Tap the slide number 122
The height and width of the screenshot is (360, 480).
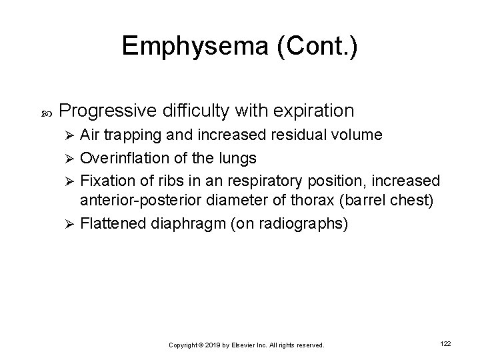(x=446, y=343)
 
